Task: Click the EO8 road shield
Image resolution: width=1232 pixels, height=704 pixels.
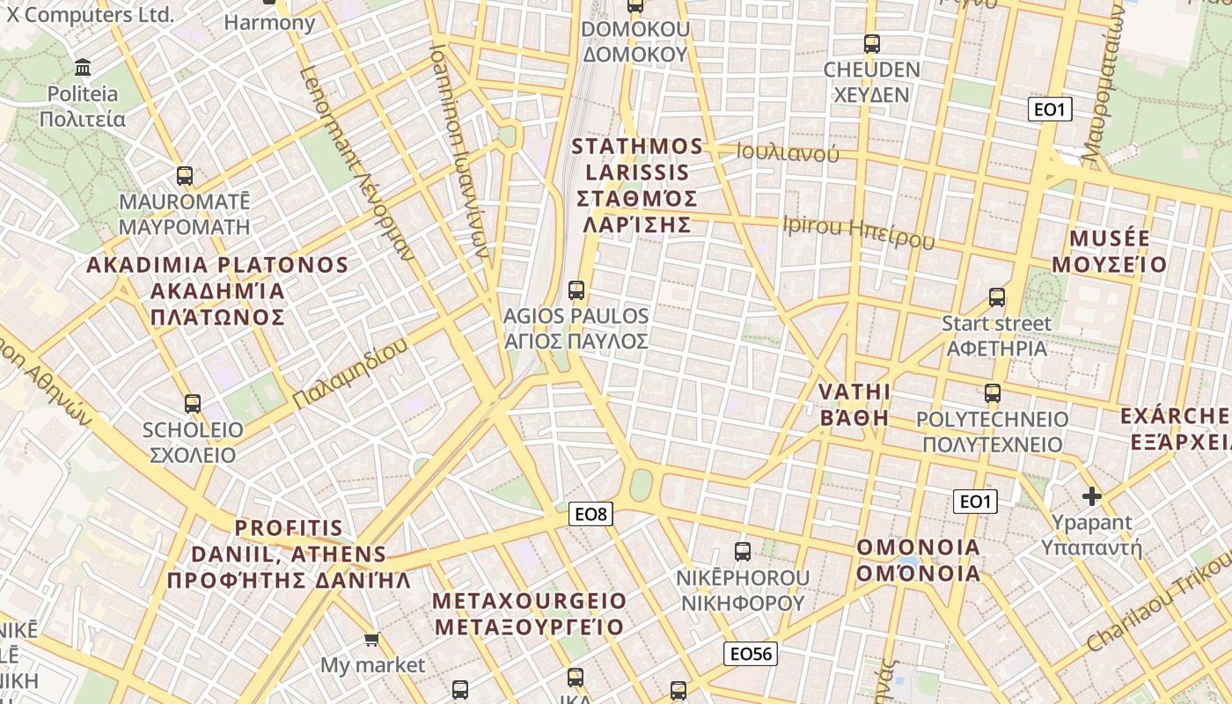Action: tap(590, 514)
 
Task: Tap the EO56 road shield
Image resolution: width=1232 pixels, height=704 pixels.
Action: tap(751, 654)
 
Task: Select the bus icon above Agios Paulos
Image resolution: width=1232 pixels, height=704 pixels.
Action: tap(576, 290)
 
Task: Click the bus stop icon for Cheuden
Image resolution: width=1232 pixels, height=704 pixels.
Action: tap(871, 43)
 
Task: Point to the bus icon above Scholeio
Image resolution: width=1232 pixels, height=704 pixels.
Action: tap(193, 404)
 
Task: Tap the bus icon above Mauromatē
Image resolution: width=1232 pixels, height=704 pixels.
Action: tap(184, 175)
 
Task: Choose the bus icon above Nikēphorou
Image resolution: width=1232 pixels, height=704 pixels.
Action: tap(743, 552)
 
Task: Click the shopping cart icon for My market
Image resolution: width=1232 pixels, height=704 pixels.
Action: tap(372, 639)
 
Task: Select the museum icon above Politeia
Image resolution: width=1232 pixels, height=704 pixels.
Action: tap(84, 67)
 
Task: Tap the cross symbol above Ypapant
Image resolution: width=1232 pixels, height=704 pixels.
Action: tap(1092, 496)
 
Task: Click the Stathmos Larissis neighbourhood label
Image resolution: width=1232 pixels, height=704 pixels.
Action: tap(638, 185)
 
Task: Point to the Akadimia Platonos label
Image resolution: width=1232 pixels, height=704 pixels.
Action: tap(217, 290)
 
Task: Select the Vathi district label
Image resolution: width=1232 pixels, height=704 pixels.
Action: tap(854, 404)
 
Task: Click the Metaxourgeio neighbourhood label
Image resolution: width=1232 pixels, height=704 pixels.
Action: tap(530, 613)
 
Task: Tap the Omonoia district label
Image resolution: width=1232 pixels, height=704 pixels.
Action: tap(919, 560)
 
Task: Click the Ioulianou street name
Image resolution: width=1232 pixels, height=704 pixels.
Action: tap(788, 153)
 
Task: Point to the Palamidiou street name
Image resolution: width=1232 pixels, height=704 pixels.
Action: tap(350, 373)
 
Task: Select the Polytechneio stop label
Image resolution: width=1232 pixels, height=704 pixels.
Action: tap(993, 431)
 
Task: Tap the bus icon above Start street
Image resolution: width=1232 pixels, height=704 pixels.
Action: tap(997, 297)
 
